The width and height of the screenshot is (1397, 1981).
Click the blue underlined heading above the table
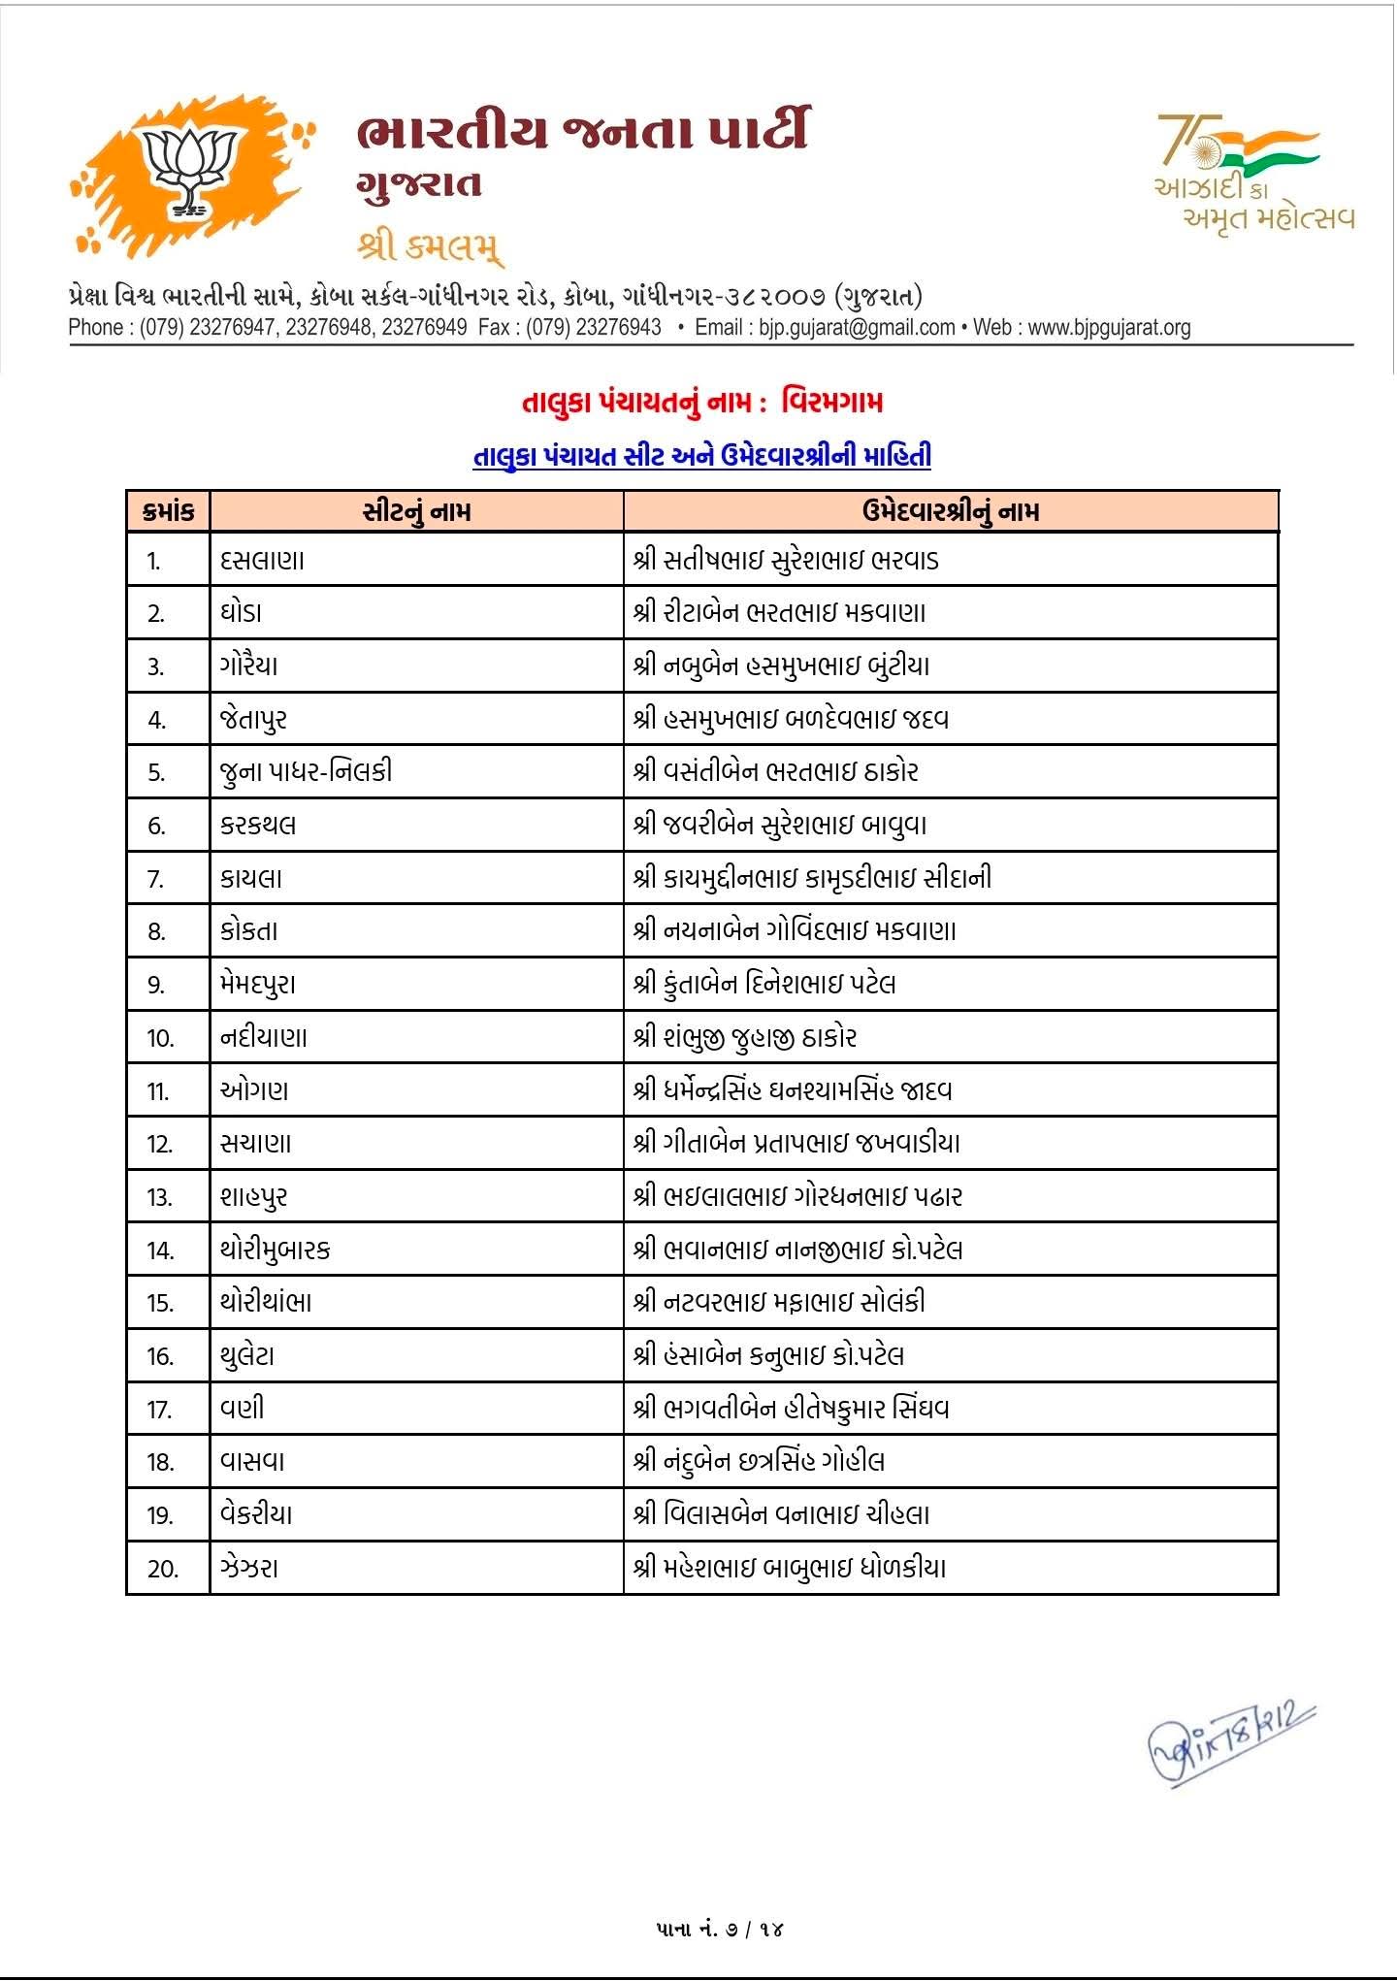701,455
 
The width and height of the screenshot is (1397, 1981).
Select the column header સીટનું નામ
416,511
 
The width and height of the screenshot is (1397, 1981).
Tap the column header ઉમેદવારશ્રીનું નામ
950,511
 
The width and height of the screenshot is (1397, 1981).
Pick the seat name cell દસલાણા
262,560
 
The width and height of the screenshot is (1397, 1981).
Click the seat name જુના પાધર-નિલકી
306,772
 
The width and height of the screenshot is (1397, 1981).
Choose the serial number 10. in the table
160,1038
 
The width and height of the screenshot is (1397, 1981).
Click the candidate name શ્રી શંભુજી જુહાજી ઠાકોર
744,1038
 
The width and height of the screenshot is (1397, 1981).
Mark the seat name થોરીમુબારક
275,1250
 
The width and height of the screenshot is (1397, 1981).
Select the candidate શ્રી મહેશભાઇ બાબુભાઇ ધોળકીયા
789,1568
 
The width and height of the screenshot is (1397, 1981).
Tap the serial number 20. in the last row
162,1569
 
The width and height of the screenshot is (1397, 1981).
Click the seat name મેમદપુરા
257,985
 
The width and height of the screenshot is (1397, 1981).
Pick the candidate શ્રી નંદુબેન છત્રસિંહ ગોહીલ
758,1462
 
